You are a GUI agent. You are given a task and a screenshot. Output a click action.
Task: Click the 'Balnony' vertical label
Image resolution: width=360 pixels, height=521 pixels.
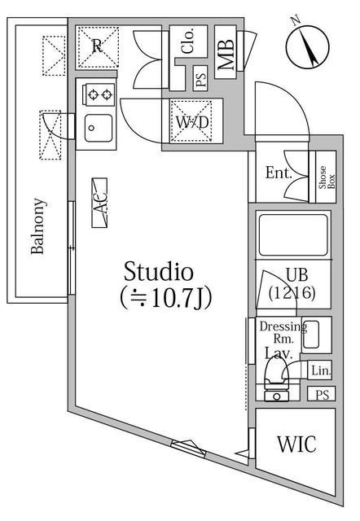click(x=37, y=226)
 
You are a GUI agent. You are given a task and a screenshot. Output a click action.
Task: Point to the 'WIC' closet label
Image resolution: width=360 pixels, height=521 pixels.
click(x=296, y=445)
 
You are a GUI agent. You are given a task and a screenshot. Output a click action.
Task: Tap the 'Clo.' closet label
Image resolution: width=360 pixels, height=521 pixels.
click(x=187, y=42)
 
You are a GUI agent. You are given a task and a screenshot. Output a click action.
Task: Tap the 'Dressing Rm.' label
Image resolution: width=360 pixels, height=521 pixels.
click(x=282, y=333)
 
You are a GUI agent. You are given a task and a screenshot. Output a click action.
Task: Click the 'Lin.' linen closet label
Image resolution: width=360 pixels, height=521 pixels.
click(x=321, y=371)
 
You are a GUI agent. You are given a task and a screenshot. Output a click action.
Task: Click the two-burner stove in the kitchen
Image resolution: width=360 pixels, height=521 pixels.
click(x=99, y=95)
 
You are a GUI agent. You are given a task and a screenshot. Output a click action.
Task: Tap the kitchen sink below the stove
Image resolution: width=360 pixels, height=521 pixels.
click(x=99, y=127)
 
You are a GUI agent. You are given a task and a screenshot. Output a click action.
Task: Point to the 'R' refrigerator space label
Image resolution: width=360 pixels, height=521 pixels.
click(x=97, y=46)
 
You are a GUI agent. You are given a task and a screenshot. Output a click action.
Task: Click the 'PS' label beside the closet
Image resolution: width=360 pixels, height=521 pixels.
click(x=200, y=81)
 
